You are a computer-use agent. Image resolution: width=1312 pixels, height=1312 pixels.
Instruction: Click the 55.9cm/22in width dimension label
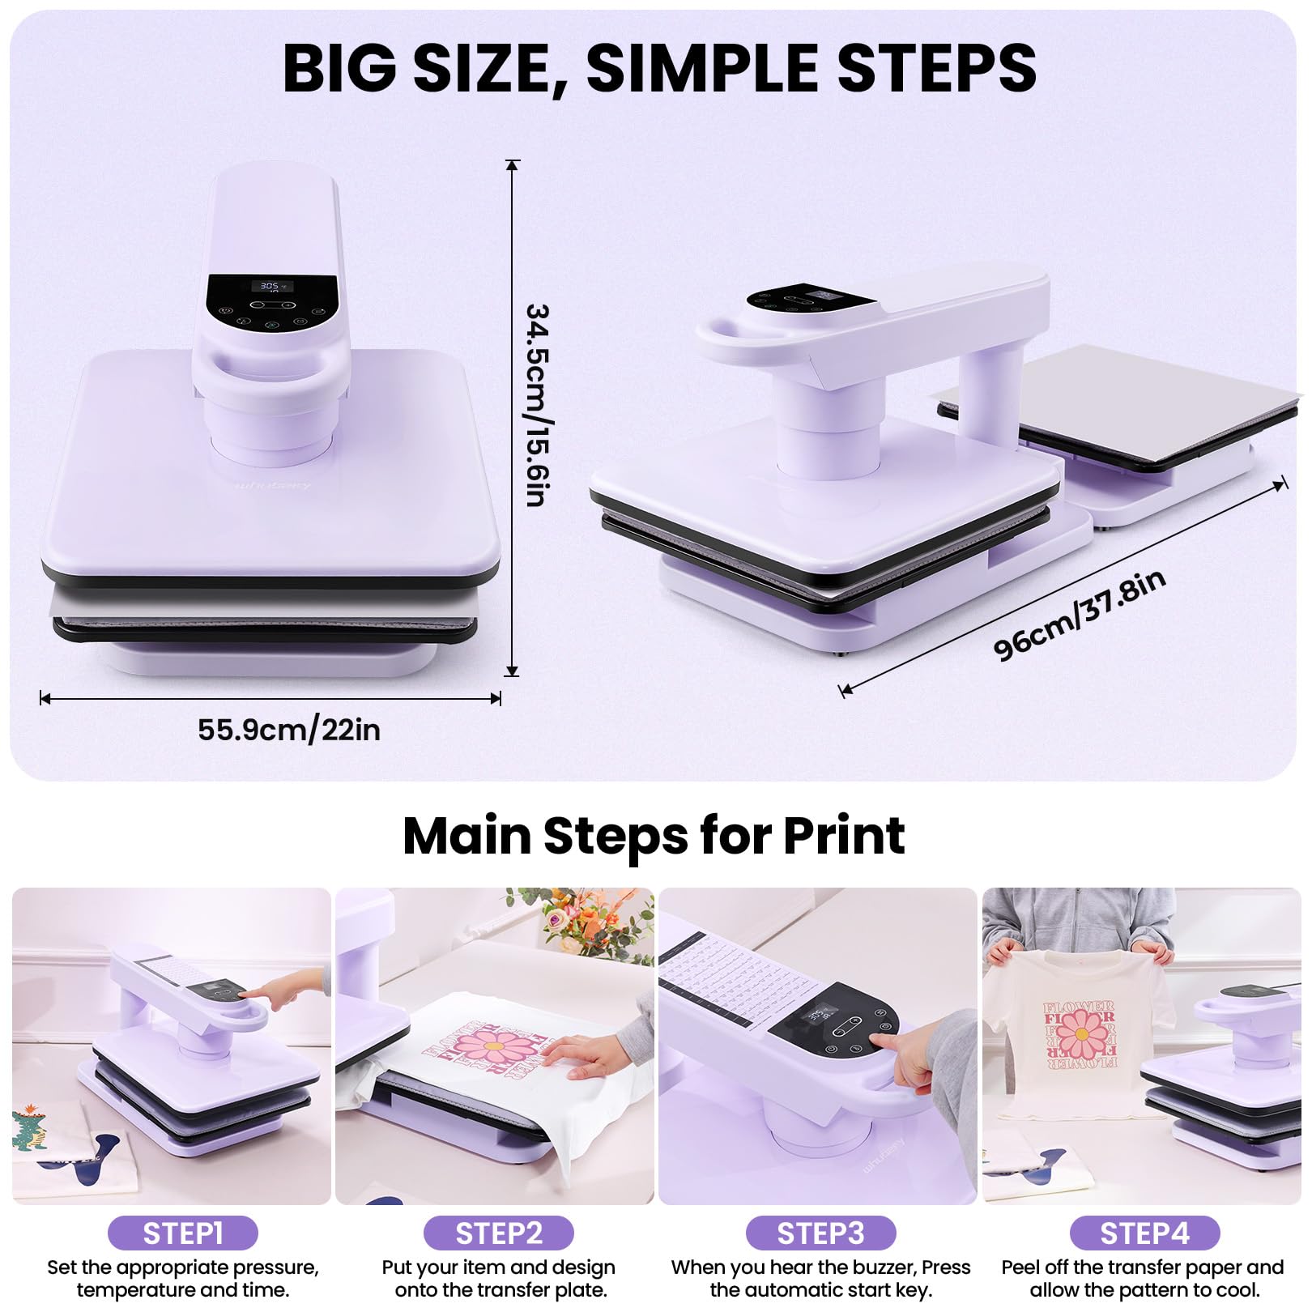click(289, 730)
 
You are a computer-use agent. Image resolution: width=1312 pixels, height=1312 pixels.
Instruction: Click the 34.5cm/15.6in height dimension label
click(539, 405)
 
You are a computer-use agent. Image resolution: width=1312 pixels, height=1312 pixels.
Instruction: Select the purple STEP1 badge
click(183, 1233)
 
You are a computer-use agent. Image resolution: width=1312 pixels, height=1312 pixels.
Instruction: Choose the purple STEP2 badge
click(499, 1233)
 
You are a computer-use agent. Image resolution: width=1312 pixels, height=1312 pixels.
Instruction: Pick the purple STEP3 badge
click(820, 1233)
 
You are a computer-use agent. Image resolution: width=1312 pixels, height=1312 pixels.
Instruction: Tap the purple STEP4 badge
click(1144, 1233)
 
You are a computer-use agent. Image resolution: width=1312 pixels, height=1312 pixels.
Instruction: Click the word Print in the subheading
click(844, 835)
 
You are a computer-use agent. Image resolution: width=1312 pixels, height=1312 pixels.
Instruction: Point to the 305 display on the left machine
click(270, 286)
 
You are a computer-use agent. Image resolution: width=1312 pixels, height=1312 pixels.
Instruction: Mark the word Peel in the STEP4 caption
click(1021, 1267)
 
